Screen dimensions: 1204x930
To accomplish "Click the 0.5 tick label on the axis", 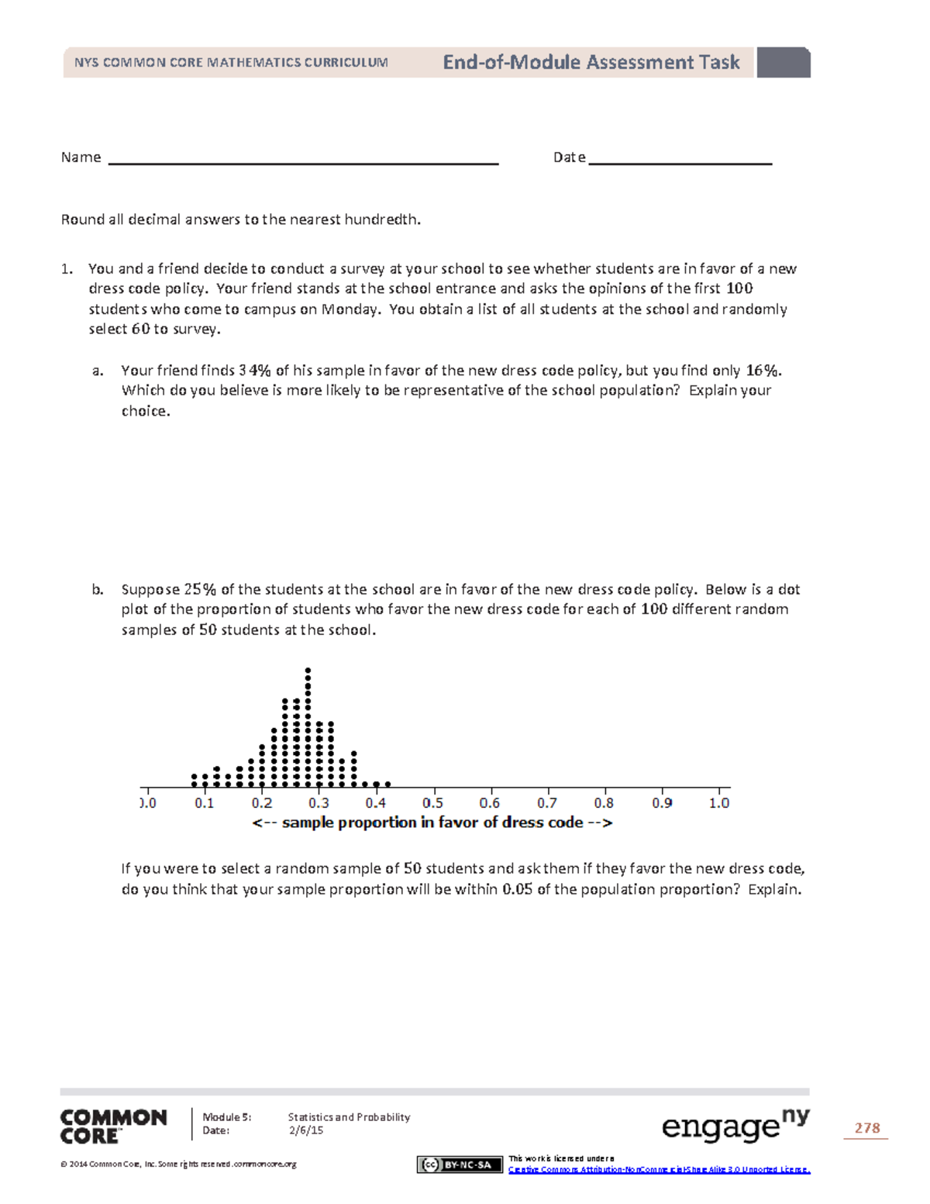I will [432, 803].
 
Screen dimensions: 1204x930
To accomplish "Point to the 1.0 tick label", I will [718, 803].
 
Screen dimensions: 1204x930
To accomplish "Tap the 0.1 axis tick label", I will [204, 803].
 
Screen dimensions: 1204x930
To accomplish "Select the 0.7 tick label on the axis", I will [546, 803].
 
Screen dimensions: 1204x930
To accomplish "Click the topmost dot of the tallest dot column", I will [308, 670].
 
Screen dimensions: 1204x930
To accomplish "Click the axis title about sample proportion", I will [432, 823].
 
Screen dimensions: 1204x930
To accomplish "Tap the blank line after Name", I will [303, 161].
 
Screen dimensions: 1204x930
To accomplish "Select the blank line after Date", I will [680, 161].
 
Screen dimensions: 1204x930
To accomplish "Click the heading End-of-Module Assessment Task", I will [591, 63].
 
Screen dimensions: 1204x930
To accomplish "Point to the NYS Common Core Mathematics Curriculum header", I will [231, 63].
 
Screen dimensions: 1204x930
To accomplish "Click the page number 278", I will [866, 1128].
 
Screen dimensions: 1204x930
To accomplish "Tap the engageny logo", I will [735, 1126].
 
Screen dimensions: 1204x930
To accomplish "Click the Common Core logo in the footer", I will [113, 1126].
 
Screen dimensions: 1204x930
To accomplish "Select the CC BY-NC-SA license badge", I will [460, 1164].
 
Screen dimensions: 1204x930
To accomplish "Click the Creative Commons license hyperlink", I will [659, 1169].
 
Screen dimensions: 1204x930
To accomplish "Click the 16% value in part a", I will [763, 371].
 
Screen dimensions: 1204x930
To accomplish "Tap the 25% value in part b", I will [200, 589].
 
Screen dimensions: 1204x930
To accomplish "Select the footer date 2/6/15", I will [305, 1130].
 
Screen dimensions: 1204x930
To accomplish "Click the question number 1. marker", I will [67, 269].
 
